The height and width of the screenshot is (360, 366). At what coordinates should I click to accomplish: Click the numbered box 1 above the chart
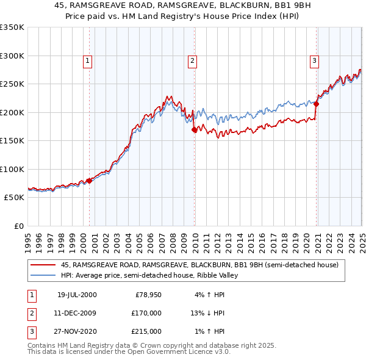(88, 60)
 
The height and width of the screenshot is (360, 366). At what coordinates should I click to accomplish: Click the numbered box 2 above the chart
(192, 60)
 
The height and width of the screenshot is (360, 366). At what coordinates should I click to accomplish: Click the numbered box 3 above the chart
(314, 60)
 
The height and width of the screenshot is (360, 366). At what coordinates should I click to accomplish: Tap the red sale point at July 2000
(89, 181)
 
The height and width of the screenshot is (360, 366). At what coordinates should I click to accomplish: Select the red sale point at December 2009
(195, 129)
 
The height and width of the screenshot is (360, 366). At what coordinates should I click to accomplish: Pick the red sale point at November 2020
(317, 104)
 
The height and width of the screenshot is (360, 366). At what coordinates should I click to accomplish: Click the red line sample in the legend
(43, 265)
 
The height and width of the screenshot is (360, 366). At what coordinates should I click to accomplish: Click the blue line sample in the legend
(43, 275)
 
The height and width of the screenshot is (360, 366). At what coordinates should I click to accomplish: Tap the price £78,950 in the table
(146, 295)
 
